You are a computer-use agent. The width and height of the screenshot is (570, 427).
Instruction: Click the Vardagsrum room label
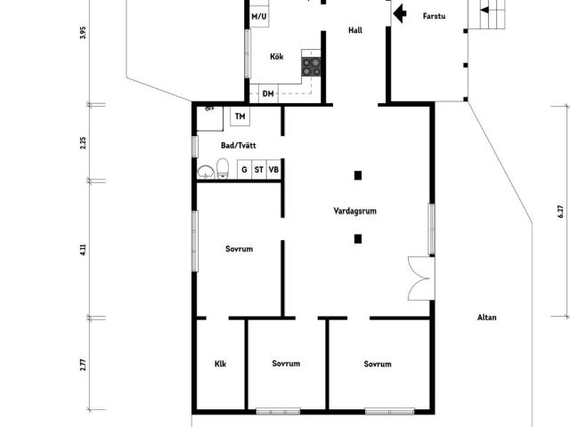coord(354,211)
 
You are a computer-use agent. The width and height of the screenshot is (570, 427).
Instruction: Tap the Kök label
coord(277,57)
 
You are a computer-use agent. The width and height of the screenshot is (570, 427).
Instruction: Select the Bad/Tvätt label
coord(239,146)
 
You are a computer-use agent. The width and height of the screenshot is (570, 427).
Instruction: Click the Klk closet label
coord(220,364)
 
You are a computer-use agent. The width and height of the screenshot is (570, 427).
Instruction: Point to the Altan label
coord(487,318)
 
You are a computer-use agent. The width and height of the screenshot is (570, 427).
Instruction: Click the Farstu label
coord(434,16)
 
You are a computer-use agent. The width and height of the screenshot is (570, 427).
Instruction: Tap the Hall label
coord(355,30)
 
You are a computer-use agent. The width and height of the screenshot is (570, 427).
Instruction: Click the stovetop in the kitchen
coord(311,67)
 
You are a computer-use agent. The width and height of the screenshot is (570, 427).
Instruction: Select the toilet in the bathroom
coord(223,168)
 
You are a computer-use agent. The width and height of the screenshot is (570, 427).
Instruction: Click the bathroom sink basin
coord(206,172)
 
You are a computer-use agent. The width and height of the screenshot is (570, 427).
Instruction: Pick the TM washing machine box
coord(240,117)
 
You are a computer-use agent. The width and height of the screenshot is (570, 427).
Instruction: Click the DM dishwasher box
coord(268,93)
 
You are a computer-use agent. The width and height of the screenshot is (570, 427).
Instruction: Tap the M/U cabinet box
coord(259,16)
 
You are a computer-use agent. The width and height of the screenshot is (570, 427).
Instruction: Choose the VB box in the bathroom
coord(273,170)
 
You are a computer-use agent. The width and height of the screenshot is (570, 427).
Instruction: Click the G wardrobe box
coord(245,170)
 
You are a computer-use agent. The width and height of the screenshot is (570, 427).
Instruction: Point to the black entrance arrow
coord(400,14)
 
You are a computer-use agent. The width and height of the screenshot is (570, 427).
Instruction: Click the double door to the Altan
coord(421,278)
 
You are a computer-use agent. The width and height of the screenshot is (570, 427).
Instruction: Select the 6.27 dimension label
coord(560,212)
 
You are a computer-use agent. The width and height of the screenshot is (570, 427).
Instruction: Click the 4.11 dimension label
coord(83,249)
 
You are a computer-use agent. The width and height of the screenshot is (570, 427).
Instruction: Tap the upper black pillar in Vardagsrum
coord(358,176)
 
